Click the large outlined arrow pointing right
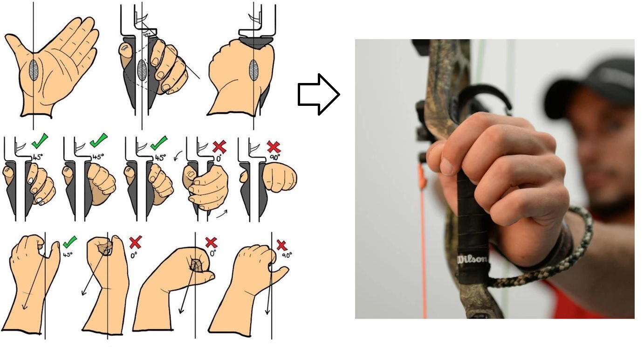(319, 94)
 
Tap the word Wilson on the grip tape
(473, 259)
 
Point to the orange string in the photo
(423, 239)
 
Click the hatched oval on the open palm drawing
(34, 70)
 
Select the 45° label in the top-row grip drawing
(147, 35)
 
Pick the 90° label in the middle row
(274, 158)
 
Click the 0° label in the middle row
(219, 158)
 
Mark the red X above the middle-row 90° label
(274, 147)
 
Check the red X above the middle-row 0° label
(219, 147)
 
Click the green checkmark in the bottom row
(70, 242)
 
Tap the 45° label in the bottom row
(68, 255)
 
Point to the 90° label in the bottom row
(287, 255)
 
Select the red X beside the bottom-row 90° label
(282, 245)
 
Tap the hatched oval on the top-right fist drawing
(254, 70)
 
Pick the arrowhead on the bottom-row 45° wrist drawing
(24, 306)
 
